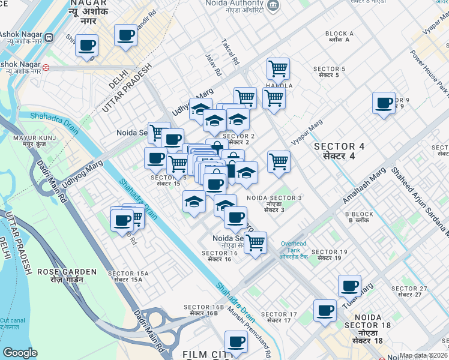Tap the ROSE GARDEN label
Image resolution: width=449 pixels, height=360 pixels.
[67, 272]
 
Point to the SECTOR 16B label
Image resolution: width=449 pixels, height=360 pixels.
[205, 307]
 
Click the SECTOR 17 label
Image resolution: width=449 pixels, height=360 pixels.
[279, 314]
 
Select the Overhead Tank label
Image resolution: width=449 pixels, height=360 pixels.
[294, 244]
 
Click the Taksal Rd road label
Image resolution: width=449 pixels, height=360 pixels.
[230, 53]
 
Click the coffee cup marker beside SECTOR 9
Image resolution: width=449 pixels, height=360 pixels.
[384, 103]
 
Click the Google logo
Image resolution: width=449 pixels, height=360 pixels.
[20, 353]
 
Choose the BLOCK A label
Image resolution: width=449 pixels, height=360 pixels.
[339, 34]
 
